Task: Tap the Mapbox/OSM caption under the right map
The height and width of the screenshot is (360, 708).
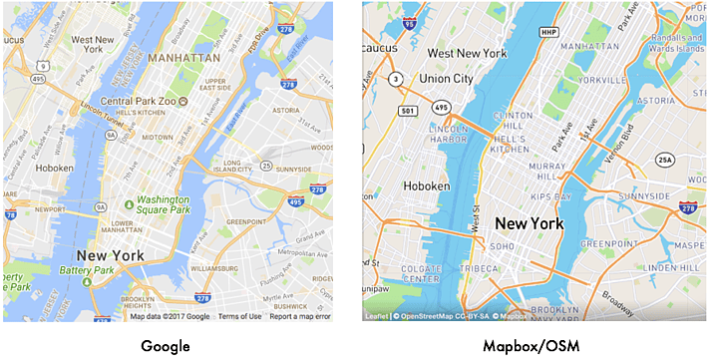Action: tap(534, 344)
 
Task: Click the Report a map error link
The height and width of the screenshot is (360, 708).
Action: tap(300, 316)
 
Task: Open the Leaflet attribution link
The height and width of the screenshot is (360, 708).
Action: tap(377, 316)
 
